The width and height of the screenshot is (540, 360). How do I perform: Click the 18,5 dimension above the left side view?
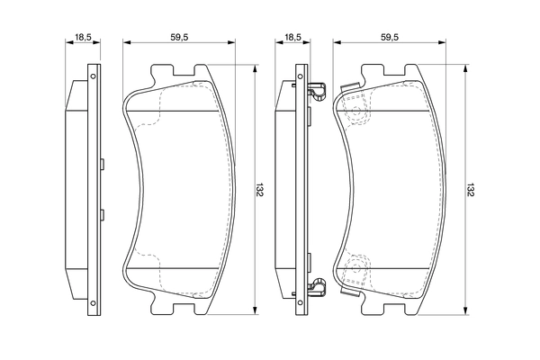82,38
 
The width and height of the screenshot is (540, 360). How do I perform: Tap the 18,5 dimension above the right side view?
292,38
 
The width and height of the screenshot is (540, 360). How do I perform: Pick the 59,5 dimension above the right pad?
389,38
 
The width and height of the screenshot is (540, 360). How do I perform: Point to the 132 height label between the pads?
258,190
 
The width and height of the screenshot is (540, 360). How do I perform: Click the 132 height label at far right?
470,190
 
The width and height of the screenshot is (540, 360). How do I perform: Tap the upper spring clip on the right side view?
315,91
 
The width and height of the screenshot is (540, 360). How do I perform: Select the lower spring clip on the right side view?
315,288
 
